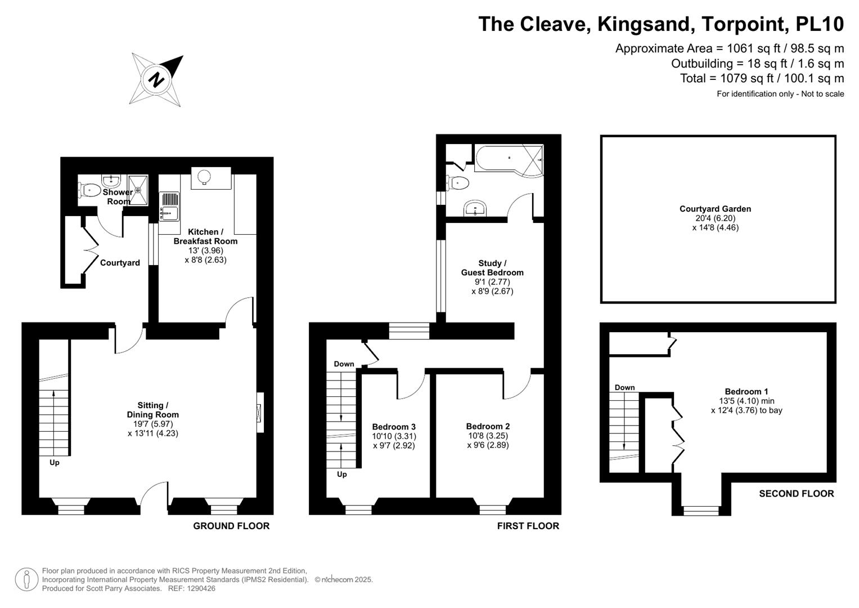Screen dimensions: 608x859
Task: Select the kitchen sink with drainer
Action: pyautogui.click(x=169, y=206)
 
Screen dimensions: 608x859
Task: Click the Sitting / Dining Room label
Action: pyautogui.click(x=152, y=410)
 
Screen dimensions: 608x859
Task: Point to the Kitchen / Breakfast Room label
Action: pyautogui.click(x=205, y=236)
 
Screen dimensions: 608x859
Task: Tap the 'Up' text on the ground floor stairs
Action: pyautogui.click(x=55, y=463)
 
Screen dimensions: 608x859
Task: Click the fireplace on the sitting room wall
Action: pyautogui.click(x=259, y=413)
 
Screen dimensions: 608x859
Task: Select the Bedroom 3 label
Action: pyautogui.click(x=394, y=427)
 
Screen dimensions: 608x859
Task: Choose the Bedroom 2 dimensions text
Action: pyautogui.click(x=488, y=440)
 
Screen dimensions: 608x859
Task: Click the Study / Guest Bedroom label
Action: pyautogui.click(x=492, y=268)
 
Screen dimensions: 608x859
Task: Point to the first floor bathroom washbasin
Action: pyautogui.click(x=476, y=208)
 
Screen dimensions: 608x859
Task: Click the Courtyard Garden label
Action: pyautogui.click(x=715, y=209)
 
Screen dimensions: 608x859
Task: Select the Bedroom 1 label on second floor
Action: pyautogui.click(x=746, y=392)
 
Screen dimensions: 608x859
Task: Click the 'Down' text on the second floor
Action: pyautogui.click(x=624, y=387)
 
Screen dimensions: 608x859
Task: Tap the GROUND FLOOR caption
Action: pyautogui.click(x=231, y=526)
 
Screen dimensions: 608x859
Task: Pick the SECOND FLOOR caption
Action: pyautogui.click(x=796, y=494)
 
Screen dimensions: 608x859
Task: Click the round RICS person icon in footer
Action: pyautogui.click(x=26, y=579)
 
